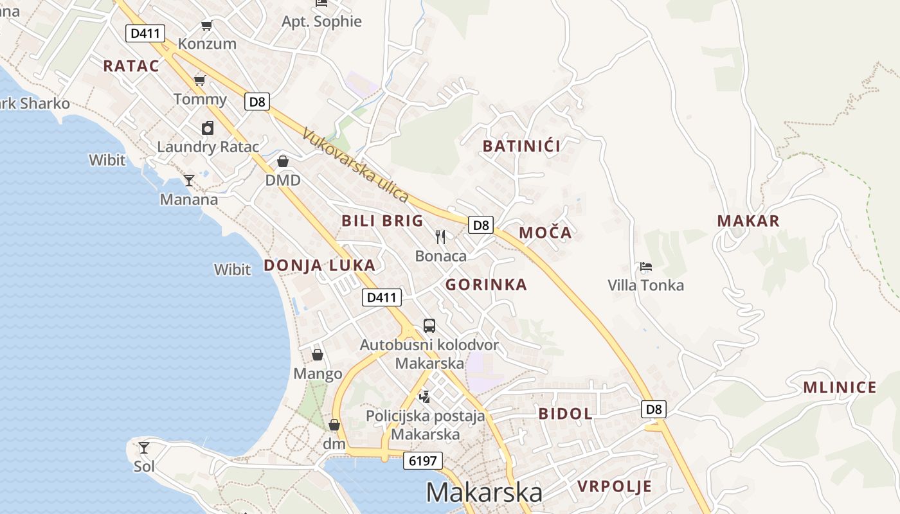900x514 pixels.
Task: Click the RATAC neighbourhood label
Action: pos(131,66)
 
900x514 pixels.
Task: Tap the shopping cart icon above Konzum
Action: pos(206,26)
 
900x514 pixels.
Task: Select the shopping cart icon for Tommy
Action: pos(200,80)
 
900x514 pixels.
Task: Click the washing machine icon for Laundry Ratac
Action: pos(207,128)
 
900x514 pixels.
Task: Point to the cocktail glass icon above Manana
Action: pos(188,181)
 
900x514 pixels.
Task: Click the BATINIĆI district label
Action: pos(521,146)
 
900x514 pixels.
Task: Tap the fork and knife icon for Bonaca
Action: pos(440,237)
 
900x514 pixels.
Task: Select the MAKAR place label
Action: pos(748,221)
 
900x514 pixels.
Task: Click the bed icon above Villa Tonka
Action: pos(646,267)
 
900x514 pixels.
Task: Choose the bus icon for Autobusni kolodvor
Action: pos(429,326)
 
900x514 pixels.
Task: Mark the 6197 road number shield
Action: pos(423,461)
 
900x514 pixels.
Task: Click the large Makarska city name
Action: pos(484,493)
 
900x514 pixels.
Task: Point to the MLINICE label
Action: pos(840,387)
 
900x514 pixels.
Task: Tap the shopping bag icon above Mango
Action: pos(318,355)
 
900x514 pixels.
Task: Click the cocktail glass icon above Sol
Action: pos(144,447)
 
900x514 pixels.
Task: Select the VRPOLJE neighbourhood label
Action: pos(615,486)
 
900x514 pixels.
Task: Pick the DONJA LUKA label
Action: pos(319,265)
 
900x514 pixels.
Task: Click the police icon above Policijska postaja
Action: pos(424,396)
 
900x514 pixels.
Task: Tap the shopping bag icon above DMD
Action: pos(283,161)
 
